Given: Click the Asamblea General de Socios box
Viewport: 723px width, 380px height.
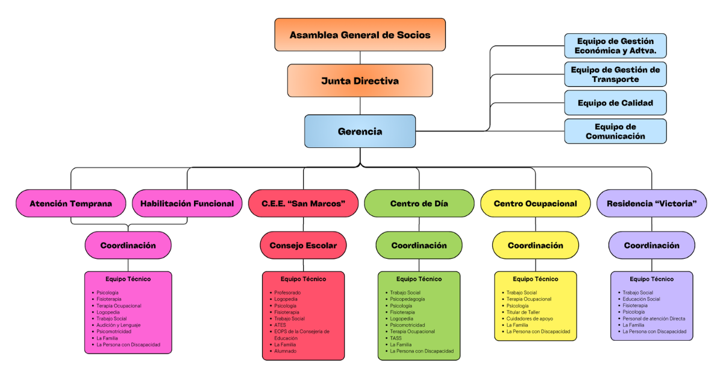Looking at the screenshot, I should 360,34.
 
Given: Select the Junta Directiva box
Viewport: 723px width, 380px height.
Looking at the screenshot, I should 360,81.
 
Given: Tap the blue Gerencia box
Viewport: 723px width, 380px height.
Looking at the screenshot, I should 360,131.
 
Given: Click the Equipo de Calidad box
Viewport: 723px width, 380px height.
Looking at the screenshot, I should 615,103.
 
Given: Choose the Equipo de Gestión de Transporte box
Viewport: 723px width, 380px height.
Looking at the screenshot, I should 615,74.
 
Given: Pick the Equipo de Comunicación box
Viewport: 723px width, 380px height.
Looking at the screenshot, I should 615,131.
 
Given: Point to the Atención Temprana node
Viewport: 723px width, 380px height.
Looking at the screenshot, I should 70,203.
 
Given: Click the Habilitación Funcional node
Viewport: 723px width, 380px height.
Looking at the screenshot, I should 187,203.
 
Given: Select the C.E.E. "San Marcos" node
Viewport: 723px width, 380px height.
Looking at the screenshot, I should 303,203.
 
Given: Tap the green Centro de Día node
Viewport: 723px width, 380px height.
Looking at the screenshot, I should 419,203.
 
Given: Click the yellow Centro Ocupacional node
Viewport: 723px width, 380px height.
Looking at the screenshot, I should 535,203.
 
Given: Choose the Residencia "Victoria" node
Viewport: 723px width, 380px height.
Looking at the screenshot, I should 651,203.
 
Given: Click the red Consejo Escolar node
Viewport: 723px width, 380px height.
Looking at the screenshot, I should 303,245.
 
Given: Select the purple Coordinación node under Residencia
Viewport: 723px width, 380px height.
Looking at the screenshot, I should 651,245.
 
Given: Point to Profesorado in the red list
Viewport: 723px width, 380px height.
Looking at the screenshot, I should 287,293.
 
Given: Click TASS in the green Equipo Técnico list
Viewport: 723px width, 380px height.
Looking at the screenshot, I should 395,338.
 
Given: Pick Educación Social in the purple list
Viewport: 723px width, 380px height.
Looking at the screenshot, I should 641,299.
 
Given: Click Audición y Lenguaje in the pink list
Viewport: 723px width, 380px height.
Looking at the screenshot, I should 118,325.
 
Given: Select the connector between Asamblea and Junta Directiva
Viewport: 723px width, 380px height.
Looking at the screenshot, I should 360,57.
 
